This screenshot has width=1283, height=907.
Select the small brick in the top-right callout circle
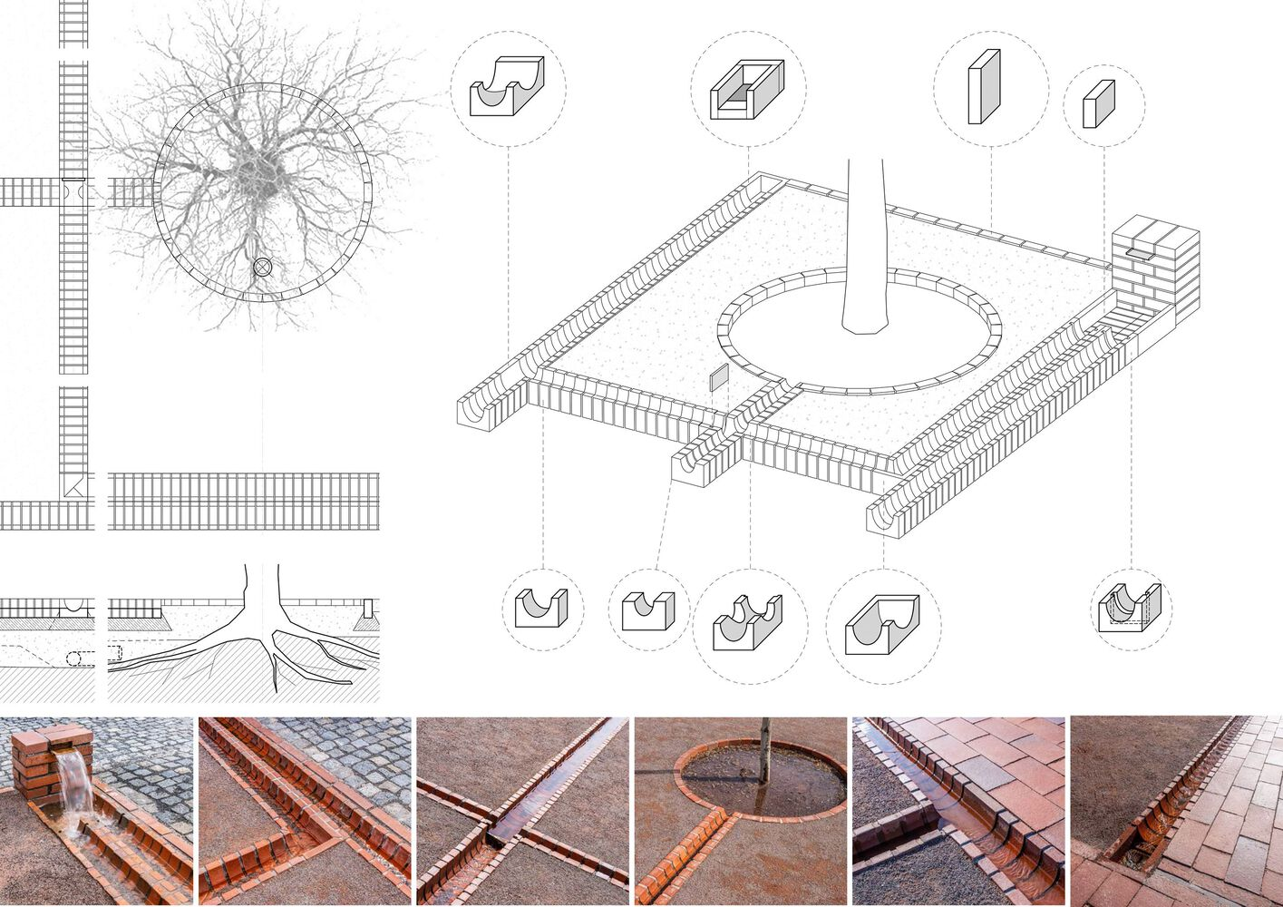point(1098,104)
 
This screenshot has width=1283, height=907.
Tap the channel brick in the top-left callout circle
point(507,88)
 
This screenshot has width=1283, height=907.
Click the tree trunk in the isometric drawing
point(866,254)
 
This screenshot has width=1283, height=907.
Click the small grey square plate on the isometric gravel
point(718,378)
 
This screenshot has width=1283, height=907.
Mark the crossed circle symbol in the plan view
point(262,267)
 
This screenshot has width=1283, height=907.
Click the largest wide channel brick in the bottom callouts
point(881,625)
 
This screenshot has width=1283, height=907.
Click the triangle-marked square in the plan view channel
point(73,486)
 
